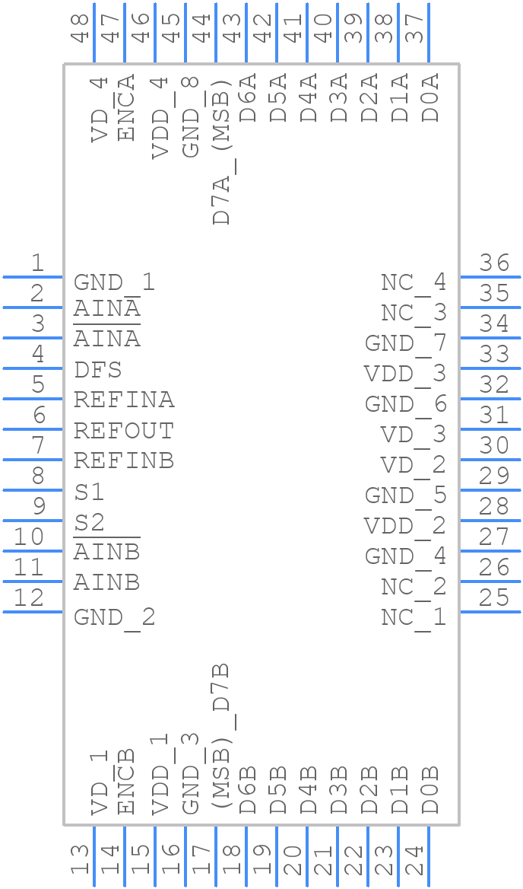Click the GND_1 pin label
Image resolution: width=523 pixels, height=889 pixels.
pyautogui.click(x=114, y=283)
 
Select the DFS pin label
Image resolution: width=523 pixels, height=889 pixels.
pyautogui.click(x=98, y=371)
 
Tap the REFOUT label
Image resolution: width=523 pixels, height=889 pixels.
pyautogui.click(x=124, y=432)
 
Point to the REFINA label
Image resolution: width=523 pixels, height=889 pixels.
pyautogui.click(x=124, y=400)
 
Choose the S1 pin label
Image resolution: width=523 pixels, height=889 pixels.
pyautogui.click(x=89, y=492)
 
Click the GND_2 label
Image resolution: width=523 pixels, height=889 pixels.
pyautogui.click(x=114, y=617)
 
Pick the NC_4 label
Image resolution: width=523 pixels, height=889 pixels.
pyautogui.click(x=414, y=283)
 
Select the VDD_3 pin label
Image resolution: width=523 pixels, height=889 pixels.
pyautogui.click(x=405, y=374)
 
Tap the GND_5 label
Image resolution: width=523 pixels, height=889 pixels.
pyautogui.click(x=405, y=496)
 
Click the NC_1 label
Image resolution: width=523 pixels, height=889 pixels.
pyautogui.click(x=414, y=617)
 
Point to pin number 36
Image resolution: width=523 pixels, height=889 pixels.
pyautogui.click(x=494, y=263)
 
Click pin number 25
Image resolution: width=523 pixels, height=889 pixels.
pyautogui.click(x=494, y=597)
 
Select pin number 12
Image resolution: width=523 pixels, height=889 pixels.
pyautogui.click(x=29, y=597)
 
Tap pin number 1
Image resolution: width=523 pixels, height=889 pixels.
pyautogui.click(x=37, y=263)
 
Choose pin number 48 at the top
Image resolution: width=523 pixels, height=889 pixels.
pyautogui.click(x=80, y=27)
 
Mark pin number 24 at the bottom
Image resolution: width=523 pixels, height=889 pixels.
pyautogui.click(x=414, y=860)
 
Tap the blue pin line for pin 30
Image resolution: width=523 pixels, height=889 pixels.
pyautogui.click(x=490, y=460)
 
